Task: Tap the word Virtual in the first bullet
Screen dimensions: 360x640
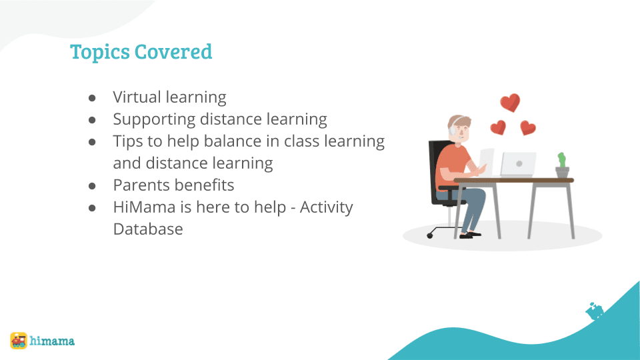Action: point(137,97)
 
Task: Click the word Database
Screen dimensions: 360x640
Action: point(148,229)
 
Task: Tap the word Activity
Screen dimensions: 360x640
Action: point(326,207)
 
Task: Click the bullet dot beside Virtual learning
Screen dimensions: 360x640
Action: point(93,98)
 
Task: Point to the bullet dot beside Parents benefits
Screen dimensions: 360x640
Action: point(93,185)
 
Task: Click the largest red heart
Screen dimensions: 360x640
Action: point(510,103)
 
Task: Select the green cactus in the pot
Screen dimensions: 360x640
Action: point(562,160)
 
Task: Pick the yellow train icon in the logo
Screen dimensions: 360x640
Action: point(19,341)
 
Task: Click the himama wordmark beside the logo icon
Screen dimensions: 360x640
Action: point(53,341)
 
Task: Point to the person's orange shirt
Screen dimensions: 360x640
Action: point(448,167)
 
